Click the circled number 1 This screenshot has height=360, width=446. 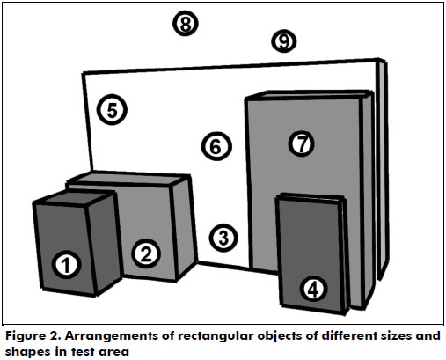click(x=66, y=265)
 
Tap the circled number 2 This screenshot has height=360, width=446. click(x=146, y=253)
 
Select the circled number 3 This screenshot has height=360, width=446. click(x=223, y=238)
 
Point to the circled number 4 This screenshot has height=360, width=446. click(x=313, y=290)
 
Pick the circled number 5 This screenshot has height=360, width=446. click(x=112, y=110)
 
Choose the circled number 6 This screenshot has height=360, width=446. click(x=216, y=146)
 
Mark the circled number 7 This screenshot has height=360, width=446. click(x=302, y=143)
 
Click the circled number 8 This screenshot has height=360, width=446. click(x=186, y=24)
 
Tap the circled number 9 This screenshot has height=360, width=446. click(x=283, y=41)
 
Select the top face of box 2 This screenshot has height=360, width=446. click(x=129, y=178)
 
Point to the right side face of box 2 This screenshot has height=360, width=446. click(x=184, y=227)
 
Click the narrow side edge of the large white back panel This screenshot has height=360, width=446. click(x=382, y=169)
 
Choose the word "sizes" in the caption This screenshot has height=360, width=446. click(x=396, y=335)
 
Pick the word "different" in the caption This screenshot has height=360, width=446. click(x=348, y=335)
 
